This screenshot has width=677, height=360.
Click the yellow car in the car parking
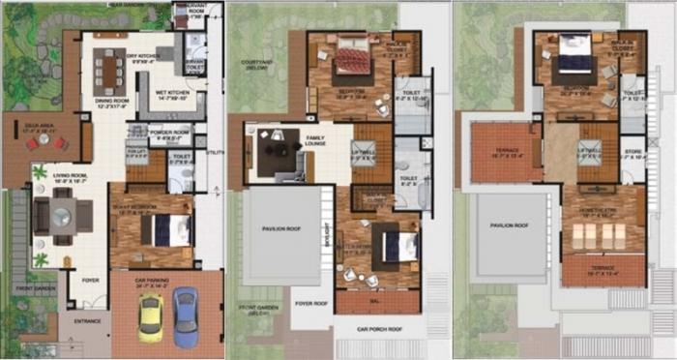150,318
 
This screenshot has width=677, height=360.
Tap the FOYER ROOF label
311,302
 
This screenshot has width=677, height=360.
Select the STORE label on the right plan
633,151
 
